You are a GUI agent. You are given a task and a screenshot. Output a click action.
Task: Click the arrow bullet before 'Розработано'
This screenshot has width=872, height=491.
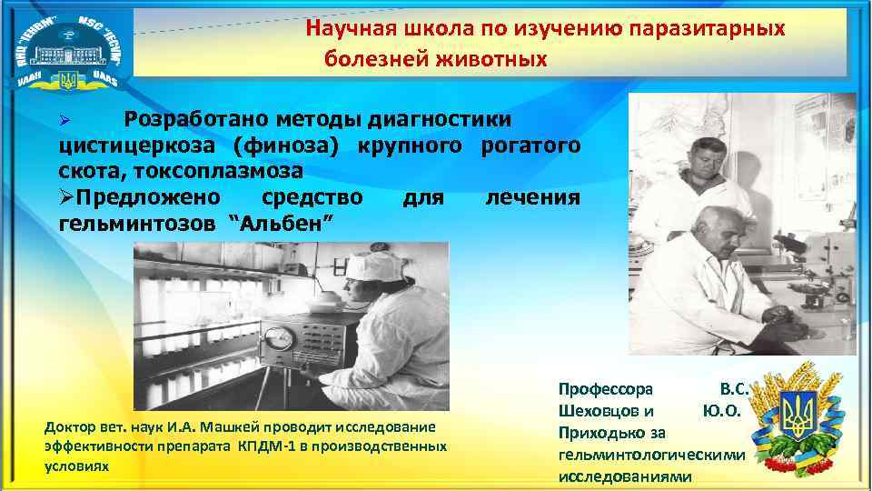64,120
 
